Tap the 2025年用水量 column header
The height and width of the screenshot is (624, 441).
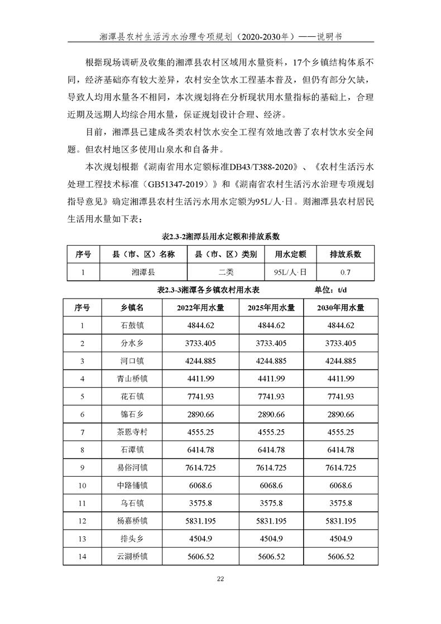pyautogui.click(x=272, y=308)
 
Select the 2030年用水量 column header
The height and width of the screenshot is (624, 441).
pyautogui.click(x=341, y=308)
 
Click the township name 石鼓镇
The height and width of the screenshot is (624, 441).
pyautogui.click(x=132, y=325)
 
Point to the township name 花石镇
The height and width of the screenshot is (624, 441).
pyautogui.click(x=132, y=396)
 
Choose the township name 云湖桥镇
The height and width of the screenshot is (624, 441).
pyautogui.click(x=132, y=556)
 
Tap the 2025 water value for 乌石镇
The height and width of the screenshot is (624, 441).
pyautogui.click(x=272, y=503)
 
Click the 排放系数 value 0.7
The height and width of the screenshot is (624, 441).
pyautogui.click(x=346, y=272)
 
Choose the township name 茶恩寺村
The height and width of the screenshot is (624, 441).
pyautogui.click(x=132, y=432)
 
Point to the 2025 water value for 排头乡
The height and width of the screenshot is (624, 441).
pyautogui.click(x=272, y=539)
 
